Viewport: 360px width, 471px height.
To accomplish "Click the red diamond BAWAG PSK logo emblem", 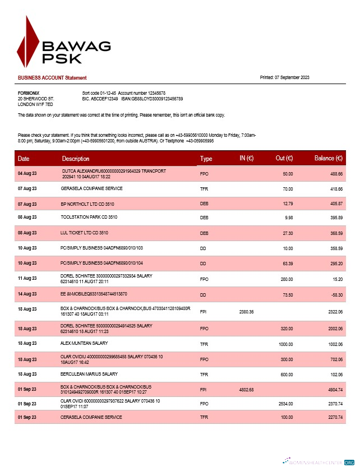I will pyautogui.click(x=28, y=42).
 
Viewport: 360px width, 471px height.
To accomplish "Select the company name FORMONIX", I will pyautogui.click(x=29, y=93).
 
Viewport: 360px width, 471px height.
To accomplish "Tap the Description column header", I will pyautogui.click(x=75, y=159).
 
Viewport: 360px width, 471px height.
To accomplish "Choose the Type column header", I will pyautogui.click(x=206, y=159).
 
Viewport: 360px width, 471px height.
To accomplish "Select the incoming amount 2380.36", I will pyautogui.click(x=247, y=311).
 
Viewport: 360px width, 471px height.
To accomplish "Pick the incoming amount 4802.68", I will pyautogui.click(x=247, y=390).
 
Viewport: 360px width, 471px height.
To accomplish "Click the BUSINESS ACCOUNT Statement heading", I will pyautogui.click(x=52, y=77).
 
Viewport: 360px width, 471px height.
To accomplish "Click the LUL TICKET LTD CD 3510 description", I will pyautogui.click(x=85, y=232).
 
